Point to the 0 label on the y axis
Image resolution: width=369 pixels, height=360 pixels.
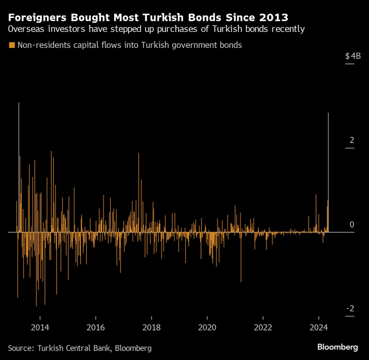coord(352,225)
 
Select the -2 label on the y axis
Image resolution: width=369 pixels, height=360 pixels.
coord(350,309)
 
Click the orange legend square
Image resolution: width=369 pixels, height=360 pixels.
coord(11,45)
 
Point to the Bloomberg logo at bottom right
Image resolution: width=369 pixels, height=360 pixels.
coord(338,347)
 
